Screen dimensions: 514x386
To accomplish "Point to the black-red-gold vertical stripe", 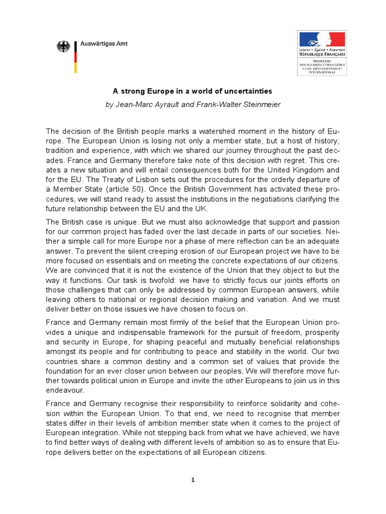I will (75, 56).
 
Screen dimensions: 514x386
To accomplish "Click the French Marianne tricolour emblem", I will (322, 39).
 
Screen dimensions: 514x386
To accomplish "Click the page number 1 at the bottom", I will (193, 480).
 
